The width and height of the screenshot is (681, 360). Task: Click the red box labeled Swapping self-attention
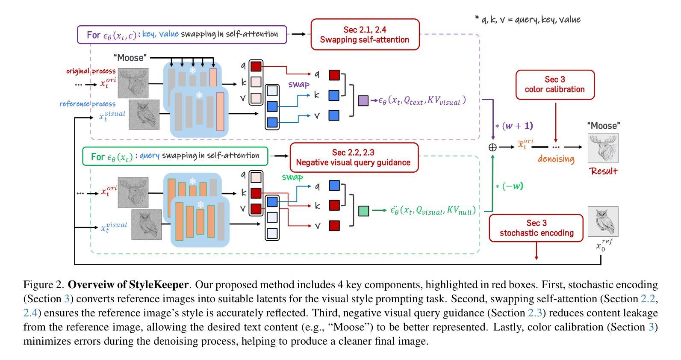pos(365,35)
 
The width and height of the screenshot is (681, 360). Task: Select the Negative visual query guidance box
pos(354,157)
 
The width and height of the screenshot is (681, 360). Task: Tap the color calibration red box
pos(554,85)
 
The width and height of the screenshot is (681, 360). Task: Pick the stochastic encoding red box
pos(536,228)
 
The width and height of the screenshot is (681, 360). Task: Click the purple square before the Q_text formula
pos(363,101)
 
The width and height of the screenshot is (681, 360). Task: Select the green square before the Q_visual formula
pos(363,211)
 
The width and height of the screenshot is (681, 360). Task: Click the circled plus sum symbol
pos(492,147)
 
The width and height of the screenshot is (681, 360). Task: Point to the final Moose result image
pos(603,148)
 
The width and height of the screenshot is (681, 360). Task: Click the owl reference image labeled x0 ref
pos(603,221)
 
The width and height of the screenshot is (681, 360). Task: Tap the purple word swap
pos(298,84)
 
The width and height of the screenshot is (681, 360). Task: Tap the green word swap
pos(292,177)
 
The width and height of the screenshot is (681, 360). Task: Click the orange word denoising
pos(556,159)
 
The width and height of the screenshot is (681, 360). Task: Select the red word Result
pos(603,171)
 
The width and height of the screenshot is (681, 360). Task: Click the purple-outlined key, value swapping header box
pos(182,35)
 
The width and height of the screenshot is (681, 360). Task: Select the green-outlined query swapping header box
pos(175,156)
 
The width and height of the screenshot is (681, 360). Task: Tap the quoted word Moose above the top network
pos(130,58)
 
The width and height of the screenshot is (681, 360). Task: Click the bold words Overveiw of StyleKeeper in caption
pos(128,285)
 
